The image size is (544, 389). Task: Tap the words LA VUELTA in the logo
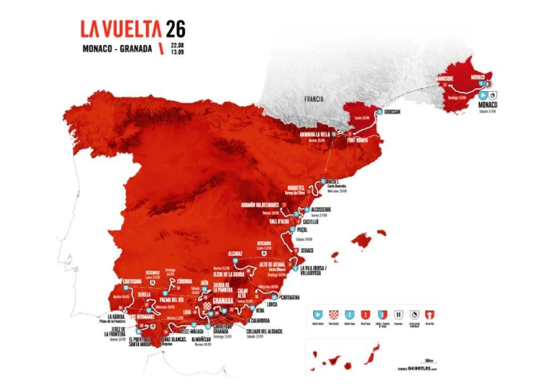(120, 30)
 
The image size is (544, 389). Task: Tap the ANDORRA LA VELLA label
(312, 134)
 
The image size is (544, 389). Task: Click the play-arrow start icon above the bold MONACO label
(483, 96)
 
